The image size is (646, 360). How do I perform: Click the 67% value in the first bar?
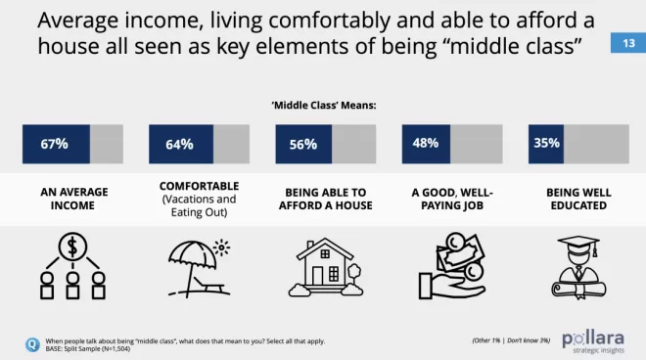coord(54,144)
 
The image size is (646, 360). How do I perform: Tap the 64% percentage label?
coord(179,144)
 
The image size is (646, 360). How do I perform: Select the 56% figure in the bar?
coord(303,144)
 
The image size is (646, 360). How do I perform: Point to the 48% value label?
coord(426,143)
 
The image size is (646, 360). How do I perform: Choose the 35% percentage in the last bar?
coord(547,143)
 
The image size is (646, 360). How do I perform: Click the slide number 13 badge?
coord(628,43)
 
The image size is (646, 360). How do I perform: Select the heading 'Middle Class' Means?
coord(324,106)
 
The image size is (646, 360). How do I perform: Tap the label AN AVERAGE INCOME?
coord(74,199)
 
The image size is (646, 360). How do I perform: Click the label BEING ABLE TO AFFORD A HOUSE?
coord(326,199)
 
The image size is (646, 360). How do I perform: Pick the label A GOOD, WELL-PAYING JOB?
coord(452,199)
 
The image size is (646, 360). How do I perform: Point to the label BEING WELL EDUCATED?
coord(578,199)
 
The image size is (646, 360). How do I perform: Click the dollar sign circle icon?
coord(72,247)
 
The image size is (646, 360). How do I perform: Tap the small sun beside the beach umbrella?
coord(221,247)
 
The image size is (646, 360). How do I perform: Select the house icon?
coord(326,267)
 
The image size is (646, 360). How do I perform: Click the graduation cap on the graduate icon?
coord(578,244)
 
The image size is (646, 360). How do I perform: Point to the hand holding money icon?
coord(452,265)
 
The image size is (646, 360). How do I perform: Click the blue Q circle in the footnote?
coord(32,344)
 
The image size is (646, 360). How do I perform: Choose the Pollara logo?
coord(593,342)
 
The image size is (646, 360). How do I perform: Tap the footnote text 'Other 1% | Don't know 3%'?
coord(511,340)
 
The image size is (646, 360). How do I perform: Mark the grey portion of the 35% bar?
coord(596,144)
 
